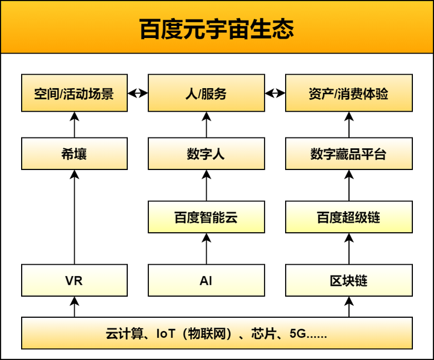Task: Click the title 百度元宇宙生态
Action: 216,29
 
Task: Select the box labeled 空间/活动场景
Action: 74,93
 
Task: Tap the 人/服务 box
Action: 206,93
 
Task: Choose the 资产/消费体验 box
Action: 349,93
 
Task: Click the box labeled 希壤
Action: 74,154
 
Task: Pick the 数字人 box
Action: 206,154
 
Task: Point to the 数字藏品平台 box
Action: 349,154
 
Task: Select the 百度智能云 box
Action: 206,217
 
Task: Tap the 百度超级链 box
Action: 349,217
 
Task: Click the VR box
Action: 74,280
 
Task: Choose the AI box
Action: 206,280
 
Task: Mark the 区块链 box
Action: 349,280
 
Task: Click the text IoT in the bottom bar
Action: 166,333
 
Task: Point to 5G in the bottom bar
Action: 298,333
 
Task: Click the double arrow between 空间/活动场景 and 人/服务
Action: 138,93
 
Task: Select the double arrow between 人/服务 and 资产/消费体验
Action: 275,93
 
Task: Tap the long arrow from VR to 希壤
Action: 74,217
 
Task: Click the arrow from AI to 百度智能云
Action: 206,248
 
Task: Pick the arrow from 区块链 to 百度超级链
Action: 349,248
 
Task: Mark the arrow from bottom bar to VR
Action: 74,307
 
